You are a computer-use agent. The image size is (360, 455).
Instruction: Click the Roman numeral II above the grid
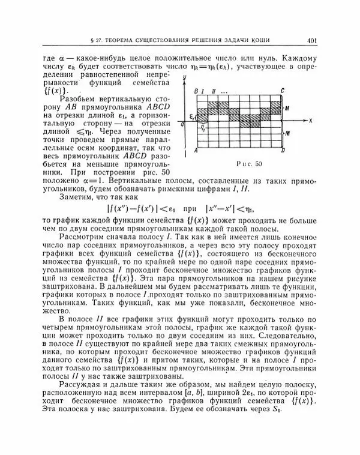pyautogui.click(x=214, y=90)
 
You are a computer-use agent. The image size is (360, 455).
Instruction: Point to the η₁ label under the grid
pyautogui.click(x=204, y=128)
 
